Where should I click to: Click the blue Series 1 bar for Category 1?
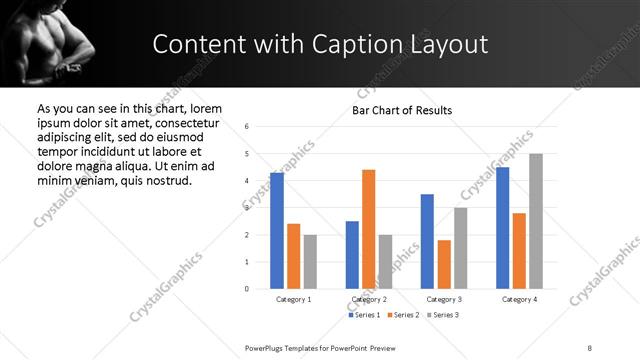click(277, 231)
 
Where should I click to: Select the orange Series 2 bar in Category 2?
click(368, 229)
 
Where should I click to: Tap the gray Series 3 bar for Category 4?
click(536, 221)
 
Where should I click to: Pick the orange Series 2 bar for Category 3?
click(444, 264)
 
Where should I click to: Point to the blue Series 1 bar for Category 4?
click(502, 228)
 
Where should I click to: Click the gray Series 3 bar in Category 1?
click(310, 262)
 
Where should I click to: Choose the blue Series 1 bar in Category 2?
click(352, 255)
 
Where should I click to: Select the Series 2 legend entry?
click(403, 315)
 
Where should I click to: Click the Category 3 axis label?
click(443, 299)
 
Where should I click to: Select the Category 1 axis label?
click(293, 299)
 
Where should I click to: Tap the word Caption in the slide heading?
click(352, 44)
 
